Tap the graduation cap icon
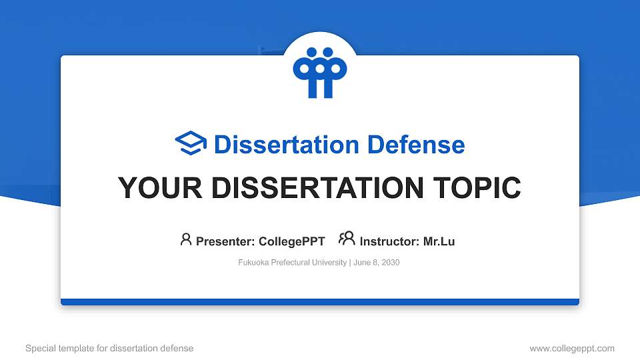[x=191, y=144]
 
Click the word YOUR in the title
[x=152, y=188]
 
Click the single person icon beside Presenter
[x=186, y=239]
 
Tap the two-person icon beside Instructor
[x=347, y=239]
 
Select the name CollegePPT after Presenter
[x=293, y=241]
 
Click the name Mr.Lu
[x=439, y=241]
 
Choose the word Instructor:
[x=390, y=241]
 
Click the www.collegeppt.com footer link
[x=571, y=348]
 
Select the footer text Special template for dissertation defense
[x=109, y=348]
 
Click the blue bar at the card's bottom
[x=320, y=302]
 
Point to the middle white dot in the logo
[x=320, y=68]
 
